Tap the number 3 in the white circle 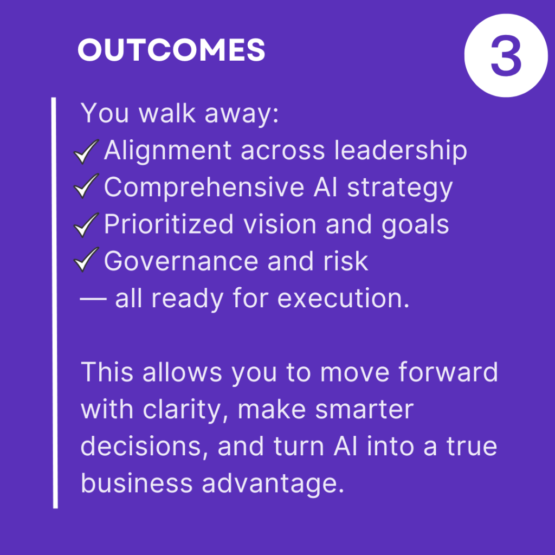click(x=506, y=55)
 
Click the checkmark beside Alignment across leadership click(x=86, y=152)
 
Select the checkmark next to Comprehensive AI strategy click(x=86, y=186)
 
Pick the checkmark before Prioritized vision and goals click(x=86, y=225)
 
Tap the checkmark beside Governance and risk click(x=86, y=260)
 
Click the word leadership click(x=401, y=151)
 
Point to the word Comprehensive click(x=204, y=188)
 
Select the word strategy click(x=400, y=189)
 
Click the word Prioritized click(x=169, y=224)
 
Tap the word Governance click(x=181, y=262)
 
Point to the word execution click(x=343, y=298)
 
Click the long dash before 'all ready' click(x=93, y=299)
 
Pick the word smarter click(x=364, y=410)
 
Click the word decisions click(x=144, y=446)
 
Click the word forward click(x=448, y=372)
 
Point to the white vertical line click(x=55, y=303)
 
